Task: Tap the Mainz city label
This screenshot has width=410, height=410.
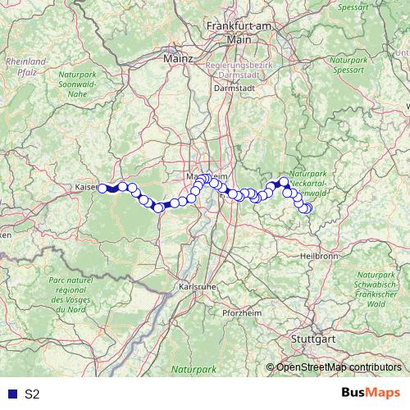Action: pyautogui.click(x=178, y=59)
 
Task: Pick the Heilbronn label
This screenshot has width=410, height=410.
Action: pyautogui.click(x=321, y=255)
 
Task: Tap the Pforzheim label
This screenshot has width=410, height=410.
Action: pyautogui.click(x=240, y=314)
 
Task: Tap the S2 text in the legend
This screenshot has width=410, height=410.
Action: pyautogui.click(x=32, y=394)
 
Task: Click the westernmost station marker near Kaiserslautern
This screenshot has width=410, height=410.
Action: pyautogui.click(x=102, y=188)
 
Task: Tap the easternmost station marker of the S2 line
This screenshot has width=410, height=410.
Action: pyautogui.click(x=308, y=208)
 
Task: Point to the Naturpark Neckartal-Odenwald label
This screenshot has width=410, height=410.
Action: pyautogui.click(x=308, y=185)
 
